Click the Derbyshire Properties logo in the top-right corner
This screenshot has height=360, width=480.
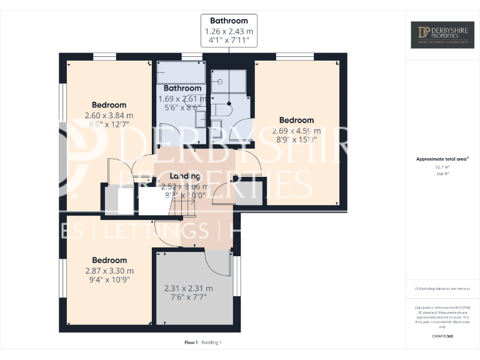[x=442, y=35]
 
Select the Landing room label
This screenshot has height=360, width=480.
[x=185, y=176]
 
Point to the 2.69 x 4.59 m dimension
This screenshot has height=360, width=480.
[x=296, y=131]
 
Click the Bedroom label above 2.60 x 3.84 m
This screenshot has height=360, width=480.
[x=109, y=105]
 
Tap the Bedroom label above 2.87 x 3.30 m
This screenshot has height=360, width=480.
[x=109, y=260]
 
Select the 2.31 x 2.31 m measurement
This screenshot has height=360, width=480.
[x=188, y=289]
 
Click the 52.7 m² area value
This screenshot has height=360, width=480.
[x=442, y=167]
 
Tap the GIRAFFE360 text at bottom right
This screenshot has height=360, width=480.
[x=442, y=337]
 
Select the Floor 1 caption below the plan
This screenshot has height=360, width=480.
[x=191, y=342]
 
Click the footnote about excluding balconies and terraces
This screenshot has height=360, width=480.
[x=442, y=289]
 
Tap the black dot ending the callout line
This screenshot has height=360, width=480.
[x=229, y=104]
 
